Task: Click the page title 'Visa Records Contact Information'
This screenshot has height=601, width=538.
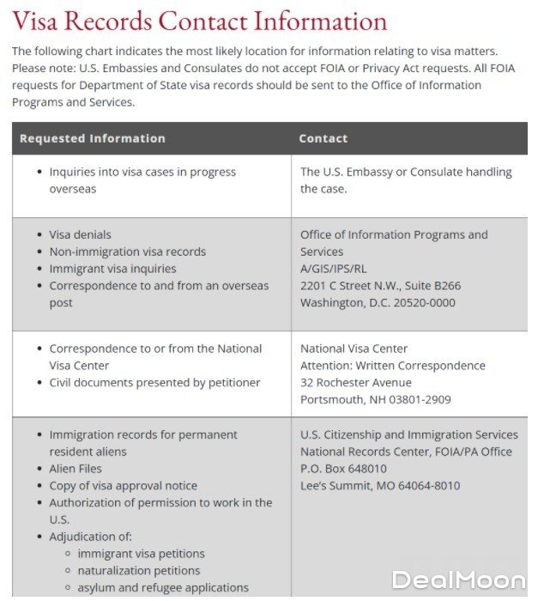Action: tap(199, 21)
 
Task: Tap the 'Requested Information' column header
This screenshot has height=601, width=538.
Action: tap(93, 138)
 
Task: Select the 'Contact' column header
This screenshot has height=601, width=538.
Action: tap(323, 138)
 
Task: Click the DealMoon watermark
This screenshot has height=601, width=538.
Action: tap(458, 580)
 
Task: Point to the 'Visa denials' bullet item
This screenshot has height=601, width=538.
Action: tap(80, 234)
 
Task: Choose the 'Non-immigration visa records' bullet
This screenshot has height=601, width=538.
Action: tap(127, 252)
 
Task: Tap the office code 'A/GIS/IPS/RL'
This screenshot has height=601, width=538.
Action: tap(333, 269)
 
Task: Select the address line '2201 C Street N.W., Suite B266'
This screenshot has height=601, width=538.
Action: tap(380, 286)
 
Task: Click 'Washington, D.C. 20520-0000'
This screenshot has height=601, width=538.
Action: tap(378, 303)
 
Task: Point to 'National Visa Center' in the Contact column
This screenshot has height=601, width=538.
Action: tap(354, 349)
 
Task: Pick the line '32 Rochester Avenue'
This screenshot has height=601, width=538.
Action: tap(355, 383)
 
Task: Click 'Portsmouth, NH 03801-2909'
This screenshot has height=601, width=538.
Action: tap(375, 400)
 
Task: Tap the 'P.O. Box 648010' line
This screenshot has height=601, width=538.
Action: tap(343, 469)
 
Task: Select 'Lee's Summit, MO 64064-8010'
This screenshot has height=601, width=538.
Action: tap(380, 486)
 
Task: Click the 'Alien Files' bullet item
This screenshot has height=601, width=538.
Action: tap(76, 469)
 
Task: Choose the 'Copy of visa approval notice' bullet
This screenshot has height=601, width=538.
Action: tap(123, 486)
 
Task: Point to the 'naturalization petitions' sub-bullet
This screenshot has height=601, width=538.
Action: tap(138, 571)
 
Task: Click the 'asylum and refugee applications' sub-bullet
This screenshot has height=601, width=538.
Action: tap(163, 588)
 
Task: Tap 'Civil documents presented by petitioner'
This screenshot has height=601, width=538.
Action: tap(154, 383)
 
